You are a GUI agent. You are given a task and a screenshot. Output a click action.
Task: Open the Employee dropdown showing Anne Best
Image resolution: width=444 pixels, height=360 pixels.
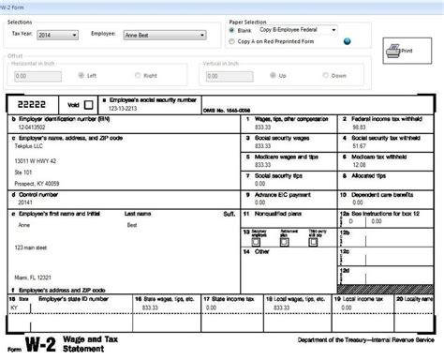coord(162,34)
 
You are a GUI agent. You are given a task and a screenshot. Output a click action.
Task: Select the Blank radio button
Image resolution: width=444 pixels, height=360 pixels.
coord(232,29)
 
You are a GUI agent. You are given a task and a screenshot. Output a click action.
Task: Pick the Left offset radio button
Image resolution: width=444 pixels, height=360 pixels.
coord(81,75)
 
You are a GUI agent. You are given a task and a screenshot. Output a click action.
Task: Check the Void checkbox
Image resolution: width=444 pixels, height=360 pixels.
coord(89,105)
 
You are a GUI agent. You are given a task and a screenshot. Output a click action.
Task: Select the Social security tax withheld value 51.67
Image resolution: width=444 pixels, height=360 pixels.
coord(355,146)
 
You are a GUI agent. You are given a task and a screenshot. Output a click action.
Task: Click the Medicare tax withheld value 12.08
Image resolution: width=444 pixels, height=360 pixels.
coord(355,165)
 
